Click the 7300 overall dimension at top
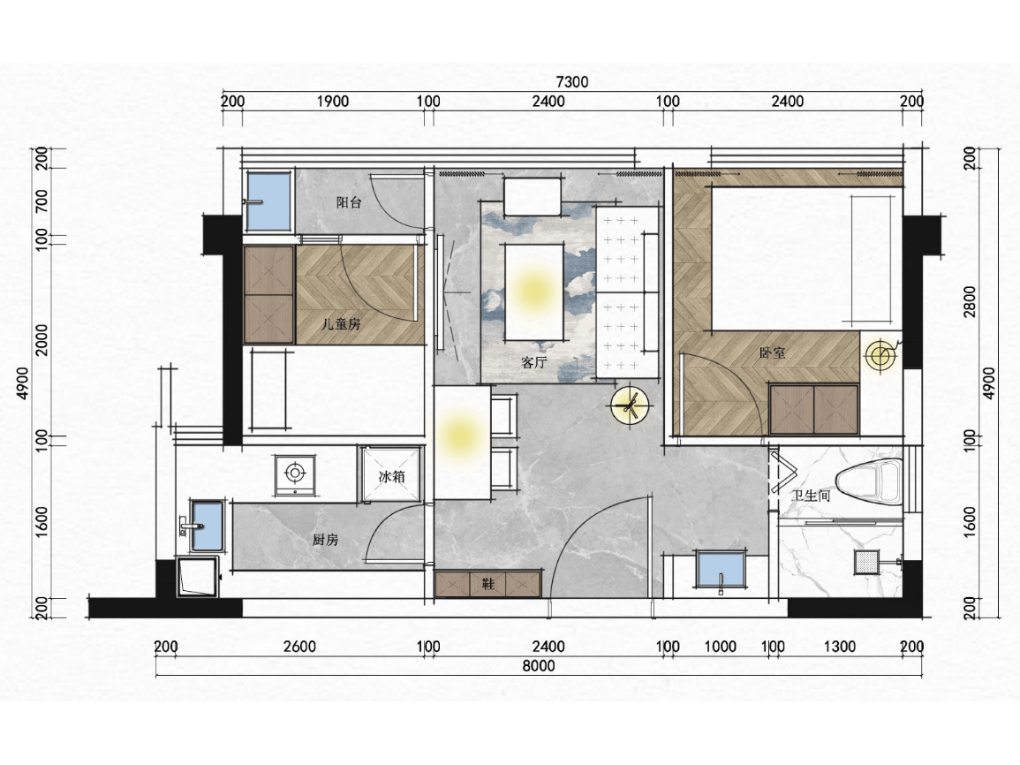click(x=571, y=82)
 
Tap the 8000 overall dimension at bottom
click(x=539, y=665)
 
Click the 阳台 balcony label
click(x=349, y=202)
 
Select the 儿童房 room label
click(x=341, y=323)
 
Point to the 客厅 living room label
click(x=533, y=362)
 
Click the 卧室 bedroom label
click(x=772, y=353)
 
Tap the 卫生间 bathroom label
click(x=812, y=496)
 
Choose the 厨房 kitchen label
click(x=325, y=539)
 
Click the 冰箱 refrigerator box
click(x=391, y=473)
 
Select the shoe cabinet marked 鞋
click(x=487, y=584)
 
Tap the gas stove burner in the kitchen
click(x=295, y=473)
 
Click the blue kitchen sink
click(x=207, y=526)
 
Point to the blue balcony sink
click(x=268, y=201)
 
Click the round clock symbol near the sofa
click(x=630, y=406)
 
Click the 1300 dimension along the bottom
click(x=839, y=647)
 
